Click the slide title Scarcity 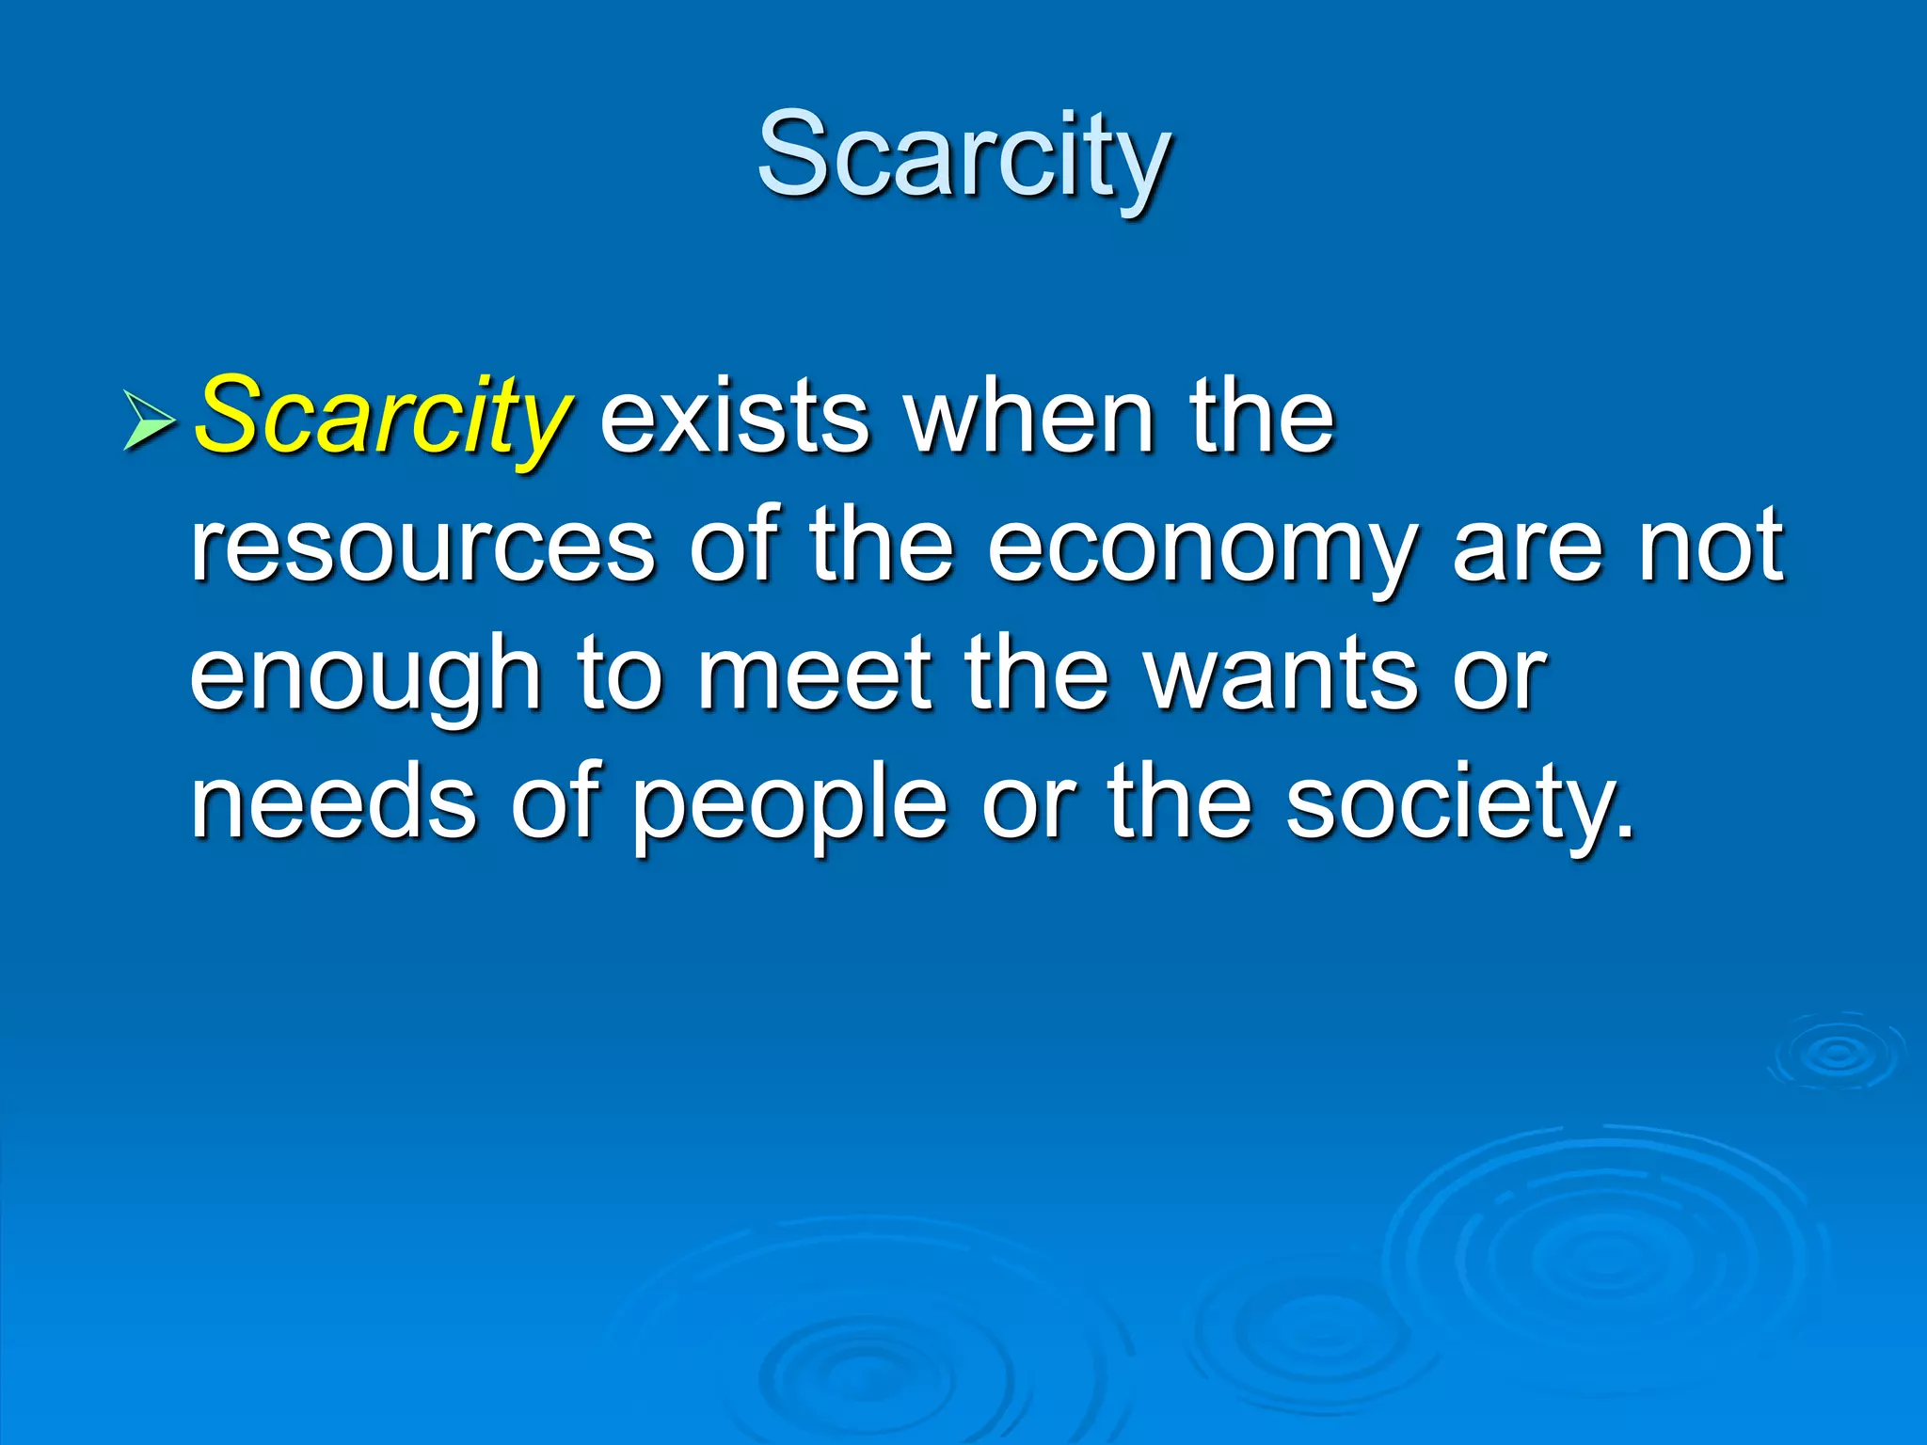(x=963, y=155)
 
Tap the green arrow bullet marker (x=149, y=420)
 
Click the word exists (x=734, y=419)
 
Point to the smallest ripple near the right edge (x=1836, y=1054)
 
